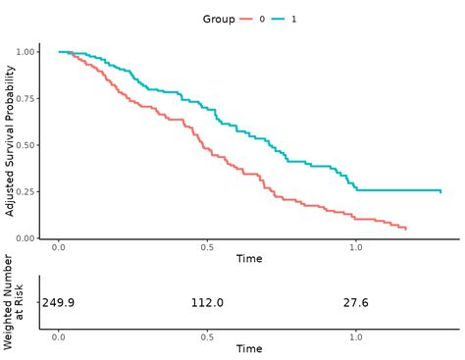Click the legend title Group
pos(218,19)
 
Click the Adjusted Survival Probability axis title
pos(10,141)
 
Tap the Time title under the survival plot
pos(249,259)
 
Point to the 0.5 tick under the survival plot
pos(208,247)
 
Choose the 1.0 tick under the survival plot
pos(357,247)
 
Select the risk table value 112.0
pos(207,303)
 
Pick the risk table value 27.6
pos(356,303)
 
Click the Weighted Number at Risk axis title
pos(15,302)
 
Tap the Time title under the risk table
pos(249,348)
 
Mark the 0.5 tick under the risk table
pos(208,336)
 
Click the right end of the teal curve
pos(440,191)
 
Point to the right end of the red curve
pos(406,229)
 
